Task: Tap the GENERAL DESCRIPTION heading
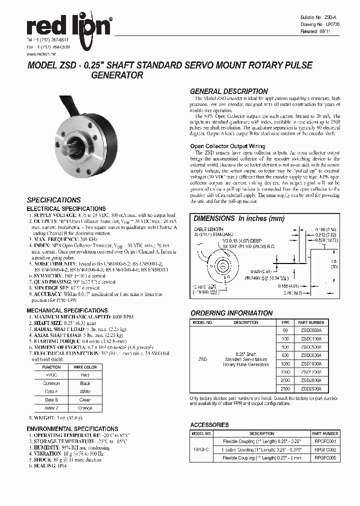[x=229, y=91]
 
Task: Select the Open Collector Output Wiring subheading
[x=227, y=146]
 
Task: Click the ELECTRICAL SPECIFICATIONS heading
[x=66, y=208]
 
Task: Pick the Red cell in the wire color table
[x=84, y=374]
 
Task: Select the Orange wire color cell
[x=84, y=408]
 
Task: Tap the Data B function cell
[x=51, y=399]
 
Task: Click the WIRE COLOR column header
[x=84, y=366]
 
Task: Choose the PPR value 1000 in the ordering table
[x=285, y=363]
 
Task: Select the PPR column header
[x=285, y=322]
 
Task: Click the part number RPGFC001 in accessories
[x=324, y=441]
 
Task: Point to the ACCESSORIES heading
[x=209, y=424]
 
